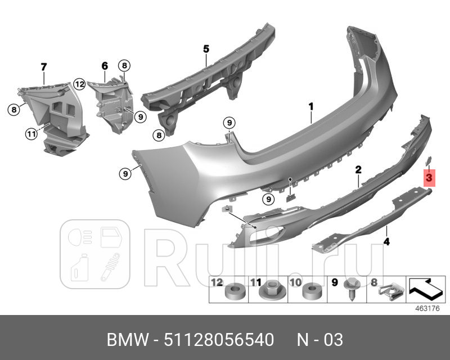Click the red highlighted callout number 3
point(429,178)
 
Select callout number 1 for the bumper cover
point(310,105)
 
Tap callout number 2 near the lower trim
point(358,169)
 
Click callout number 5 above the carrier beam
point(206,49)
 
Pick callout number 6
point(105,66)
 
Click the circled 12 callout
point(79,84)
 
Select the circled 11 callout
point(30,133)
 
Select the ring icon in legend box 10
point(310,292)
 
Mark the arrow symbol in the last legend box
point(426,289)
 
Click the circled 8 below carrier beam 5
point(160,135)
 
